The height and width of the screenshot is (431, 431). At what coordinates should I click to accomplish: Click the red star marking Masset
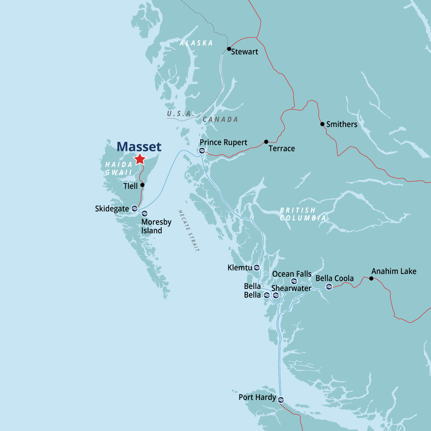click(140, 159)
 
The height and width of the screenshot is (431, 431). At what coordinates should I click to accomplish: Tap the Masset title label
click(139, 147)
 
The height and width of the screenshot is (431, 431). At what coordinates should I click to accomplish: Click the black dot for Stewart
click(229, 49)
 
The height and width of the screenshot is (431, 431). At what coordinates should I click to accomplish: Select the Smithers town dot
click(322, 124)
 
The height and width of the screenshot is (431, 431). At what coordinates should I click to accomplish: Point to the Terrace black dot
click(266, 142)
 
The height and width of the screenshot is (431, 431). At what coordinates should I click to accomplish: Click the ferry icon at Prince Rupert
click(202, 151)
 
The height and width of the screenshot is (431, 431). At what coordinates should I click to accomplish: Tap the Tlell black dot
click(142, 185)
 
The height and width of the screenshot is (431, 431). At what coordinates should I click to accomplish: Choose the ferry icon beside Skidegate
click(134, 208)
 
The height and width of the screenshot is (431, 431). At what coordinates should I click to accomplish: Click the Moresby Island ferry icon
click(144, 214)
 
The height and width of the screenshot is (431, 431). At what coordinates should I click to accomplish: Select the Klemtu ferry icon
click(257, 268)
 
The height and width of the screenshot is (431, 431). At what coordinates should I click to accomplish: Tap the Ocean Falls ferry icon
click(294, 281)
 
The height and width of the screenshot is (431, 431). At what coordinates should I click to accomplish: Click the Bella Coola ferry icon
click(329, 286)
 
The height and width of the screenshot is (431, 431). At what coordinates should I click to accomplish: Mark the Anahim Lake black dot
click(371, 278)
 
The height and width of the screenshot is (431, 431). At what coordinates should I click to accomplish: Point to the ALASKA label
click(196, 43)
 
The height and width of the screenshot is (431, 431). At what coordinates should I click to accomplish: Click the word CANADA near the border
click(220, 119)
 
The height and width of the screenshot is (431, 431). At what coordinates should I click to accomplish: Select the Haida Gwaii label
click(119, 168)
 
